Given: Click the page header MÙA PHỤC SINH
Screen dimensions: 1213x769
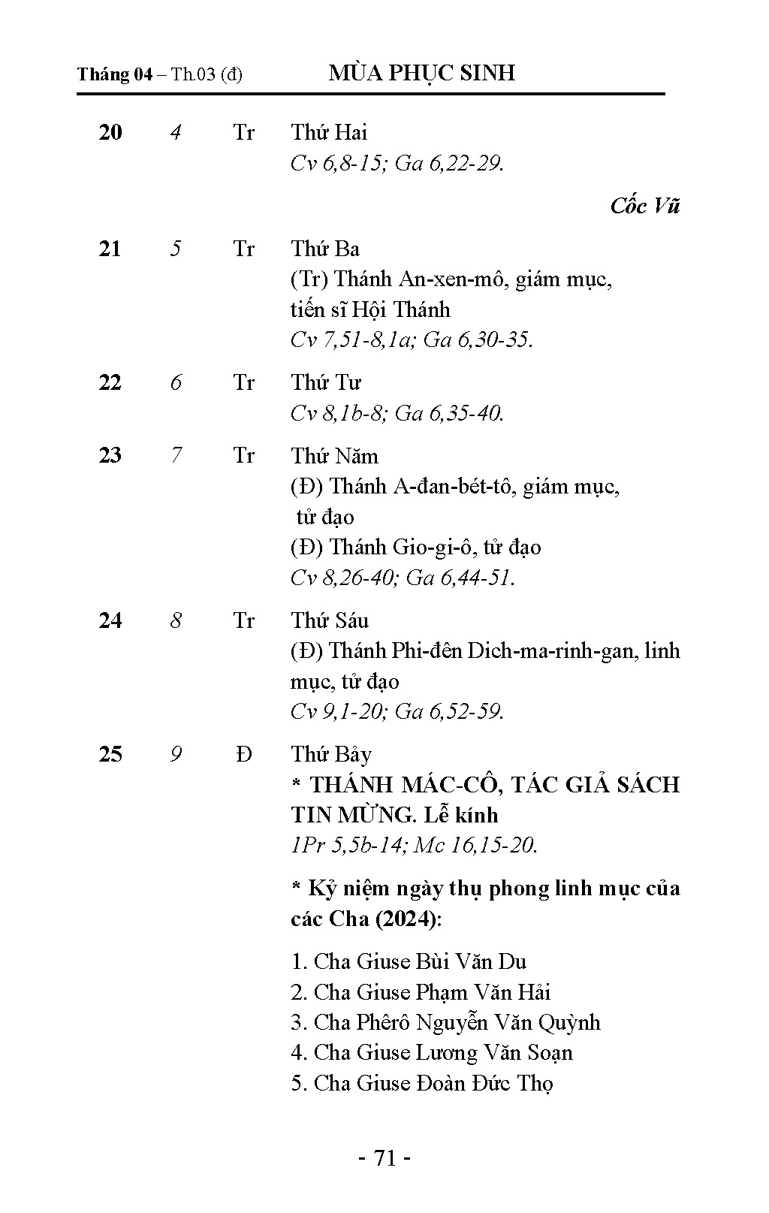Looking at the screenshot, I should tap(422, 73).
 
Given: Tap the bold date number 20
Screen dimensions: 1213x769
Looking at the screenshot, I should tap(110, 133).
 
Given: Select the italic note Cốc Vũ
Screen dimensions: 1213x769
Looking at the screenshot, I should tap(644, 206).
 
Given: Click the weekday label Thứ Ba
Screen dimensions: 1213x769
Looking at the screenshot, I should tap(325, 249).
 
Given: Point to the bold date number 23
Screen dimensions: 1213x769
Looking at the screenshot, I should tap(110, 456).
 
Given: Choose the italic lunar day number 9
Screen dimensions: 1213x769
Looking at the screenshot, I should tap(176, 754).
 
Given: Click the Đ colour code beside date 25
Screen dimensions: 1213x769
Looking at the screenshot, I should tap(243, 754).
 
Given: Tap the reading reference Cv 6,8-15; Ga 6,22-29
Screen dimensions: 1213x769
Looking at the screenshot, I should tap(397, 163).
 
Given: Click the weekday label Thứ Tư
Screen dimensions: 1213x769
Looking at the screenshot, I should tap(326, 383).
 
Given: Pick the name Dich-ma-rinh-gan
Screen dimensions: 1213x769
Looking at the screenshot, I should tap(553, 650).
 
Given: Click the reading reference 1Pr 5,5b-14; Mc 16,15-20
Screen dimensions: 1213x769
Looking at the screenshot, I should tap(414, 846).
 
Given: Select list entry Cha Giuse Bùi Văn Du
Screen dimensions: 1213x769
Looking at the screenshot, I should tap(409, 962).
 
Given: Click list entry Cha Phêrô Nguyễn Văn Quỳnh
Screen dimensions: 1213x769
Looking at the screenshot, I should tap(445, 1023).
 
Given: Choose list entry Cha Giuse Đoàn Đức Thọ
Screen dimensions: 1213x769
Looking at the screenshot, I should tap(422, 1084).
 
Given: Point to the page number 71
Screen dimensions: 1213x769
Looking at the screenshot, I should tap(384, 1159).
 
